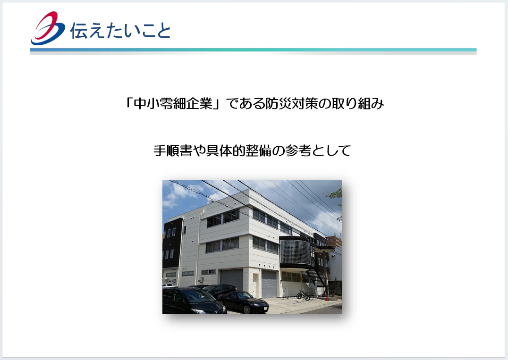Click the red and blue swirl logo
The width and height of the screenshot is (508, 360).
48,28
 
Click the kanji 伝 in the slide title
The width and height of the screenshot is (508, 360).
78,31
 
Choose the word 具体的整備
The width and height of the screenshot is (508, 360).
238,151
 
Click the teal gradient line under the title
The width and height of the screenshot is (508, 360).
254,50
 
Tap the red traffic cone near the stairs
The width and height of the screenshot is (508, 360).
327,297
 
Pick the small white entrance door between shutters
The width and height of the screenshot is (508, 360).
256,285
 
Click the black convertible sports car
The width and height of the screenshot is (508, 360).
243,302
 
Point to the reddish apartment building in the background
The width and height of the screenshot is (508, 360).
334,242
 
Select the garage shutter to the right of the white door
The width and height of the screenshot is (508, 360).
269,284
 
